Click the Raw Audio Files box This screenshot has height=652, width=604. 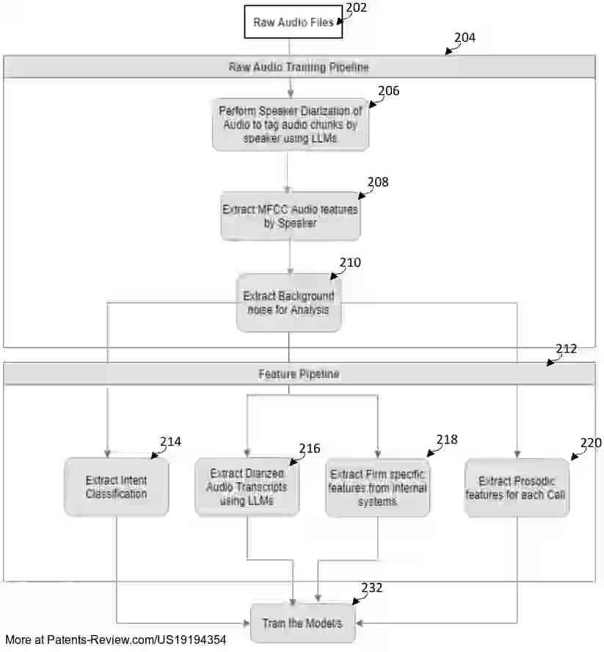coord(293,22)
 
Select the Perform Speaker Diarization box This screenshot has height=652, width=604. coord(290,124)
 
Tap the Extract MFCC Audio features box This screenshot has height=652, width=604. coord(290,216)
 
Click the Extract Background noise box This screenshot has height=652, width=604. coord(288,303)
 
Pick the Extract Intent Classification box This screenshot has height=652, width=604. coord(116,487)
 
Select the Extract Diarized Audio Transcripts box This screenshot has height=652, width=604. coord(247,487)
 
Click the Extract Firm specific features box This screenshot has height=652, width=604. coord(377,488)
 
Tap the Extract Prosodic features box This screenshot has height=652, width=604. coord(517,488)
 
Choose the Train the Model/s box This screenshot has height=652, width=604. coord(302,623)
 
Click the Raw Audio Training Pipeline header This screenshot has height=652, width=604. coord(299,67)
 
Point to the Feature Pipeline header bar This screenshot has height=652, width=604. coord(299,374)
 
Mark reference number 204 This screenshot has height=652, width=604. coord(464,37)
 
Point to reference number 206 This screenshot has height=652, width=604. coord(388,90)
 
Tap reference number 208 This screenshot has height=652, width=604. coord(378,182)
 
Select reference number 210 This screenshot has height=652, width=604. coord(350,262)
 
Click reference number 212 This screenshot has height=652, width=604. coord(566,349)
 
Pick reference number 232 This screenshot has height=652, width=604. coord(371,587)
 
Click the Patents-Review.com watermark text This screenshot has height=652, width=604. coord(115,640)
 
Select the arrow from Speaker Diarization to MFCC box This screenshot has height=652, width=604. coord(287,172)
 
